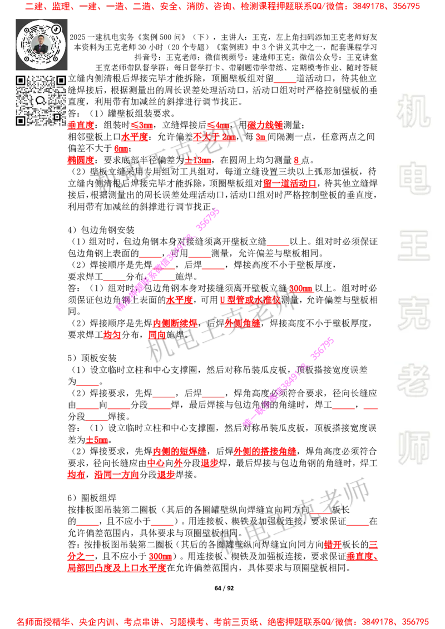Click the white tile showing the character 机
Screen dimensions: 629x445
[x=413, y=111]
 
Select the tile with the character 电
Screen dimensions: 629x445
[x=416, y=178]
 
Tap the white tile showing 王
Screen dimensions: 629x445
[x=413, y=246]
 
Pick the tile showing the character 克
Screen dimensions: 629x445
[x=413, y=313]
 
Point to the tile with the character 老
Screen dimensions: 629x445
[x=413, y=380]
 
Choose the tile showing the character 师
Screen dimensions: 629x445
[x=413, y=448]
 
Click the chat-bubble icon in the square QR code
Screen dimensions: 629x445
[x=41, y=101]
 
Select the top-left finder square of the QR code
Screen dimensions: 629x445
[x=21, y=81]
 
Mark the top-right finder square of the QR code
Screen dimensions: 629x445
[x=61, y=81]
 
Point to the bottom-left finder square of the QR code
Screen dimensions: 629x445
[x=21, y=121]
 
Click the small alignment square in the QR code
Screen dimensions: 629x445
[x=57, y=117]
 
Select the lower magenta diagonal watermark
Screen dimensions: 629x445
[x=289, y=381]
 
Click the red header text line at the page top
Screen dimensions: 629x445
[x=222, y=7]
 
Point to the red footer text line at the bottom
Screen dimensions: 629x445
[x=222, y=621]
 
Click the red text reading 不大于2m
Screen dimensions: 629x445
[x=214, y=137]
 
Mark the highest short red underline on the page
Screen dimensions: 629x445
[x=284, y=82]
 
